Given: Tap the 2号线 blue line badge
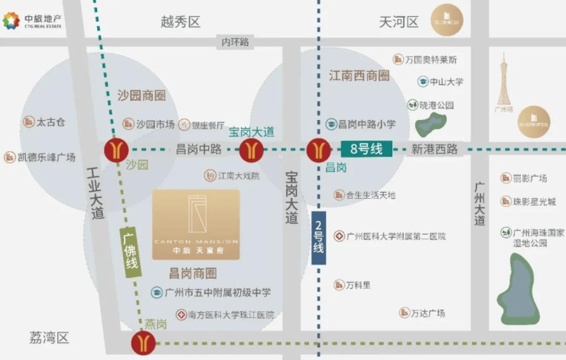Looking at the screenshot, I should (x=318, y=237).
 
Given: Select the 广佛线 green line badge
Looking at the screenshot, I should (x=132, y=253).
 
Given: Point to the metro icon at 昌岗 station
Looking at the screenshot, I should (x=319, y=149).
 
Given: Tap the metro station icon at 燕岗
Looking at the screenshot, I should (x=142, y=342).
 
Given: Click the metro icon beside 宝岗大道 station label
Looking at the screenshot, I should (x=251, y=149).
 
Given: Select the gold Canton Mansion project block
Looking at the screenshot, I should (x=196, y=222).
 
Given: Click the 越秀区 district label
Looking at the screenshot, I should (x=181, y=21).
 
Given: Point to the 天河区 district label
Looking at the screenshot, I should (x=398, y=21).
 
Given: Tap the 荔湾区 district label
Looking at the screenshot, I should (x=50, y=337).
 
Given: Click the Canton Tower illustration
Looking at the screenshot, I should (x=503, y=79).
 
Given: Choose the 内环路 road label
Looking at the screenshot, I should (x=236, y=42).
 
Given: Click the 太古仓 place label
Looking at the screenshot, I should (x=51, y=122).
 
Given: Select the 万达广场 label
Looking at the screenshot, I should (x=428, y=313).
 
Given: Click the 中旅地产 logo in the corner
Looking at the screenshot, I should (x=34, y=21).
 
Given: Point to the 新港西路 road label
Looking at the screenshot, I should (x=434, y=149).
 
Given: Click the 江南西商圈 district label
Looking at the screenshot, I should (x=359, y=76).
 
